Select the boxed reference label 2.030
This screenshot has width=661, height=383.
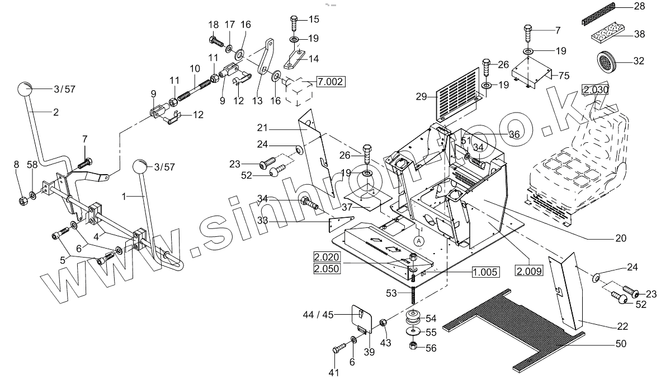click(x=596, y=90)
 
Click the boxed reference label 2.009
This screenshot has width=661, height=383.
click(x=529, y=273)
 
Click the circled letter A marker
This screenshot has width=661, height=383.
click(x=419, y=240)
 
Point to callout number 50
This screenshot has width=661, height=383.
click(x=621, y=343)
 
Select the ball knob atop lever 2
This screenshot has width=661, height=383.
click(x=25, y=90)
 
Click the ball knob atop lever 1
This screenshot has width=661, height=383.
click(x=140, y=167)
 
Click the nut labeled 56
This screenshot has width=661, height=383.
click(x=413, y=345)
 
